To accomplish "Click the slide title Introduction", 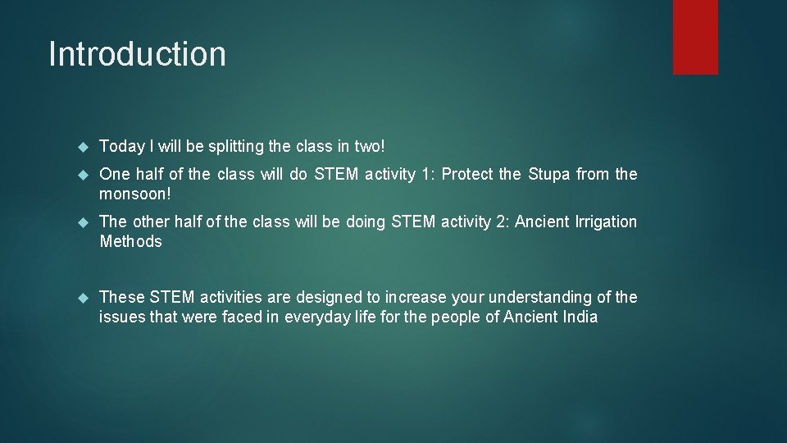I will click(x=137, y=54).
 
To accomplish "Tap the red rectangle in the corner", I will click(x=695, y=37).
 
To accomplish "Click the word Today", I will click(x=122, y=147).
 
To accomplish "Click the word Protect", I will click(x=468, y=175).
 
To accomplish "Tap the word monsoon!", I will click(x=134, y=194).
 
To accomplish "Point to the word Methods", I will click(x=130, y=242).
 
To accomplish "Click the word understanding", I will click(x=541, y=298).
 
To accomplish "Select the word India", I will click(x=578, y=317).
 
